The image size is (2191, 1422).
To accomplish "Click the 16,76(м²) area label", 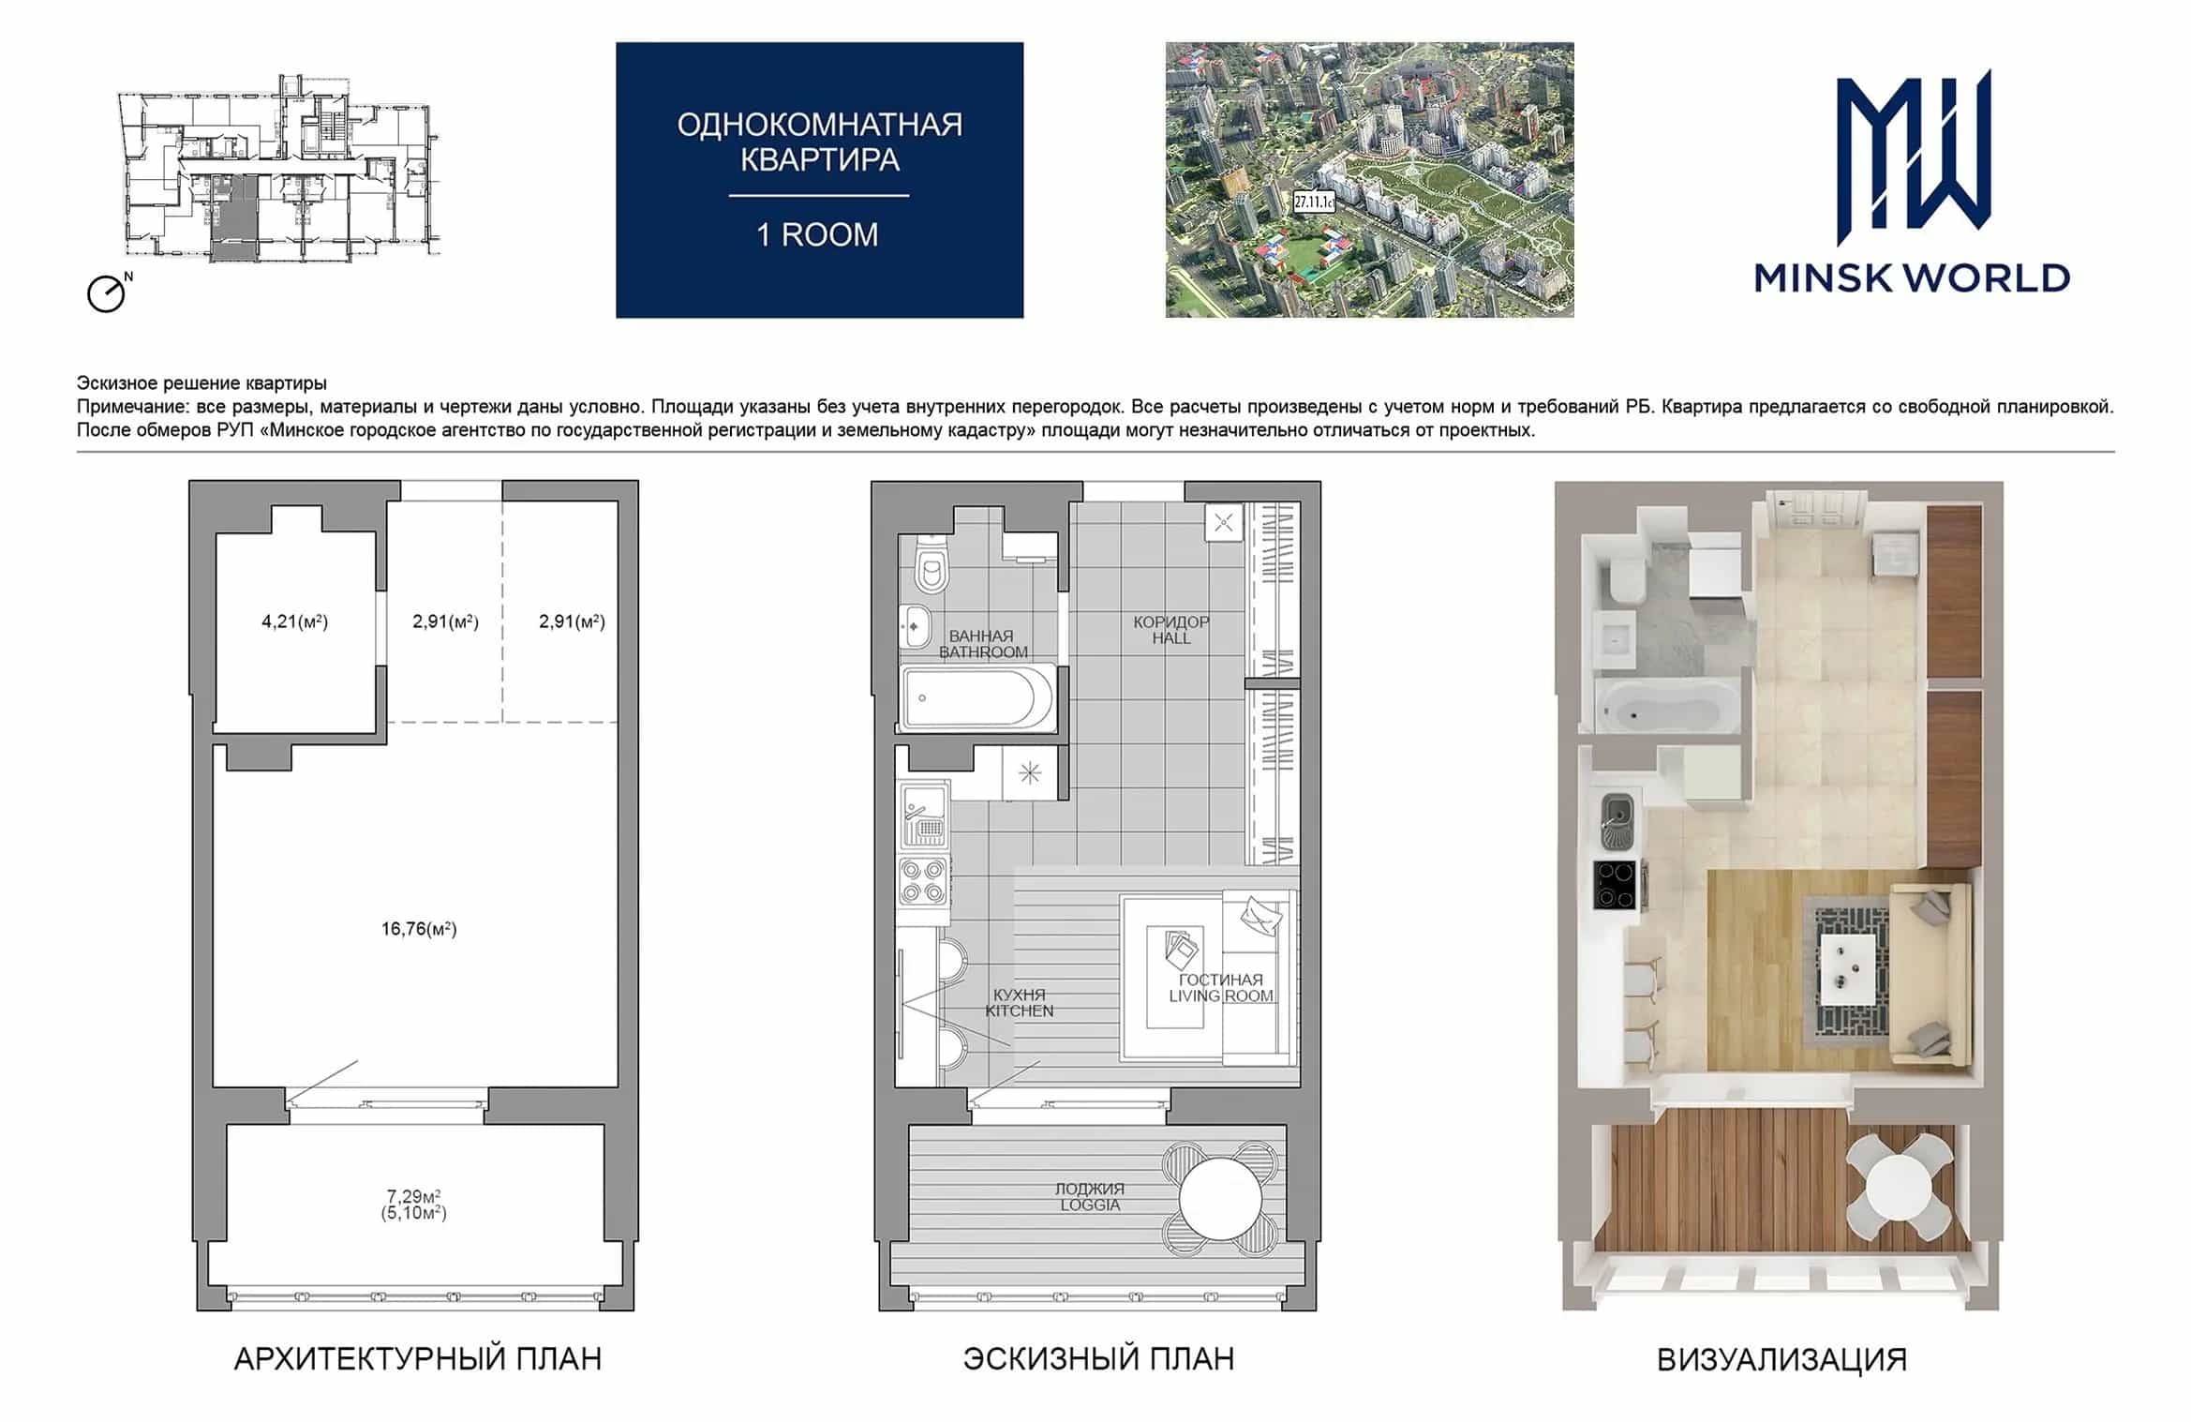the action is [419, 929].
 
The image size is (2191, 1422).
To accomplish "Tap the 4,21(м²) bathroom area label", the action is [294, 621].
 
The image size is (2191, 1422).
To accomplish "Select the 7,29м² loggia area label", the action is [414, 1196].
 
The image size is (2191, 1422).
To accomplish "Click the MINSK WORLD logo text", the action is [1912, 278].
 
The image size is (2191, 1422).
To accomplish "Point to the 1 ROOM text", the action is [818, 234].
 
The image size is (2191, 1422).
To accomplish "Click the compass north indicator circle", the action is [106, 294].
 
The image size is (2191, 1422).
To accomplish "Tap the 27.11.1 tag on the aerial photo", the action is [1314, 201].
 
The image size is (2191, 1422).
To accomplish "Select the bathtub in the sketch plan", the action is [978, 697].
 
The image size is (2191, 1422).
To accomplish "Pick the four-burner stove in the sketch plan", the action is [923, 881].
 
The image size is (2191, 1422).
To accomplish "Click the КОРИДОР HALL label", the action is [1171, 630].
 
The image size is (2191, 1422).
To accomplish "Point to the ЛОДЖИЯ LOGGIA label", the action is [1090, 1197].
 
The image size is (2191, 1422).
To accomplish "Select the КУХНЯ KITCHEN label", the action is [1020, 1003].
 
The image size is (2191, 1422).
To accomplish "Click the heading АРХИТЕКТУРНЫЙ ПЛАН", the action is [418, 1359].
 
